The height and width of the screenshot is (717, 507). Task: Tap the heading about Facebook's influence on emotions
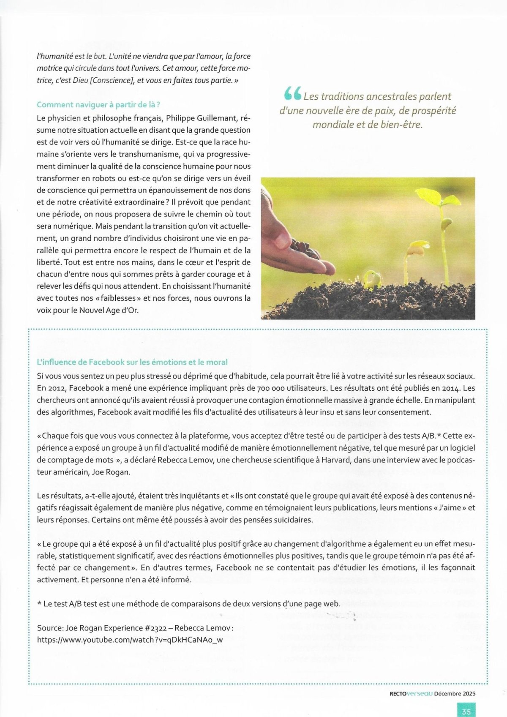[132, 362]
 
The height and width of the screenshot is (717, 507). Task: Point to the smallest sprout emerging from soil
[372, 279]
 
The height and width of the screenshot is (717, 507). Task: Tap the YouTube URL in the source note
[130, 640]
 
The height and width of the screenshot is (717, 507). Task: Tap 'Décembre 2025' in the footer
[455, 693]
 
